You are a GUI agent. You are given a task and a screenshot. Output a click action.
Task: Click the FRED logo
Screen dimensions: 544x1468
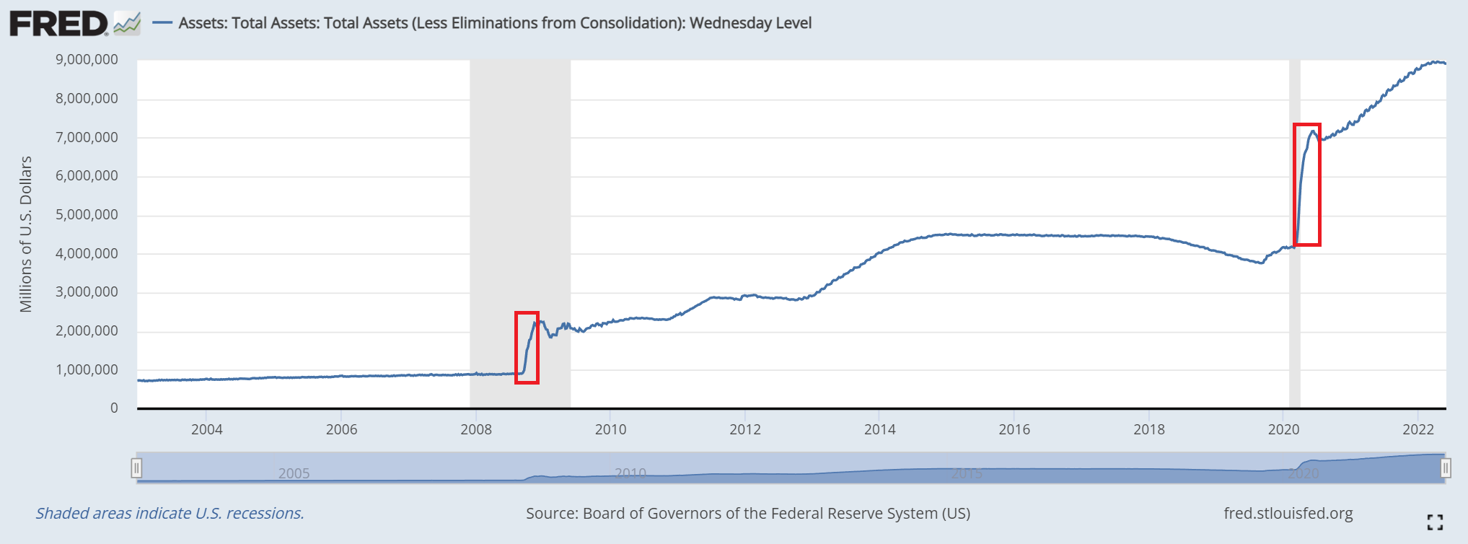[x=59, y=23]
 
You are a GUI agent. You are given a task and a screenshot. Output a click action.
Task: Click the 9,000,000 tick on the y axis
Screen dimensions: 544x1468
[x=87, y=60]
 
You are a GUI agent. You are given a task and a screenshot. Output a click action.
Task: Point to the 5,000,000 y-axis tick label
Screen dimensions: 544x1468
[x=87, y=215]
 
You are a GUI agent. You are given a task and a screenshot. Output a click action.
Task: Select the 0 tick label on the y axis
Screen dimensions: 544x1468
[x=114, y=408]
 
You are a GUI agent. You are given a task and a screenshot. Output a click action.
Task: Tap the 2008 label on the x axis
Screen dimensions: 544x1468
[x=476, y=430]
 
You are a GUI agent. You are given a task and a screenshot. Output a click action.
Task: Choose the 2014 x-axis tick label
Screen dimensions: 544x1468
[x=880, y=430]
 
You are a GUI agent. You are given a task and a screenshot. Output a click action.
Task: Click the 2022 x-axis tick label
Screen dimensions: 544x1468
[x=1418, y=430]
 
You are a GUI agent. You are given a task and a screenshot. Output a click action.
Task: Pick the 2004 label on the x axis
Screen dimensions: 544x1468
[x=206, y=430]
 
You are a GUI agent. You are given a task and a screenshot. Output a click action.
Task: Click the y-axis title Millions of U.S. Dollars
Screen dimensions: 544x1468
[x=26, y=234]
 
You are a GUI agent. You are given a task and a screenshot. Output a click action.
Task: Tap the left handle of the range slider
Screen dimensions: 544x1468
[x=136, y=468]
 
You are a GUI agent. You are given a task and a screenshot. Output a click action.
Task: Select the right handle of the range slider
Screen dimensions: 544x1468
[x=1446, y=468]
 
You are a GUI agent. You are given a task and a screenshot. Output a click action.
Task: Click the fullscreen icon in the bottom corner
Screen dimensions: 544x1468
[x=1435, y=522]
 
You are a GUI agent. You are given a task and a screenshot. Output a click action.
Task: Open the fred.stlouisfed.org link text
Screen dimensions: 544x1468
[x=1288, y=514]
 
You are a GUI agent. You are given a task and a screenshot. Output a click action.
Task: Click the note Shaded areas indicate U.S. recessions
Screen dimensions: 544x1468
[x=170, y=514]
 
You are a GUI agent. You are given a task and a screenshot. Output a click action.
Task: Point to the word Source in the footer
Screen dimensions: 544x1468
[x=552, y=514]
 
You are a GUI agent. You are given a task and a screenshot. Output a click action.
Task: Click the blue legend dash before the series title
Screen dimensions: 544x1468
[x=162, y=23]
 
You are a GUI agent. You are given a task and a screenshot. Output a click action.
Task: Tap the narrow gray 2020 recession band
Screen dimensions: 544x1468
[x=1295, y=325]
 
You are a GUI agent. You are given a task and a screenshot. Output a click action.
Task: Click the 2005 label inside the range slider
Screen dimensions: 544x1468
[x=294, y=473]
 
